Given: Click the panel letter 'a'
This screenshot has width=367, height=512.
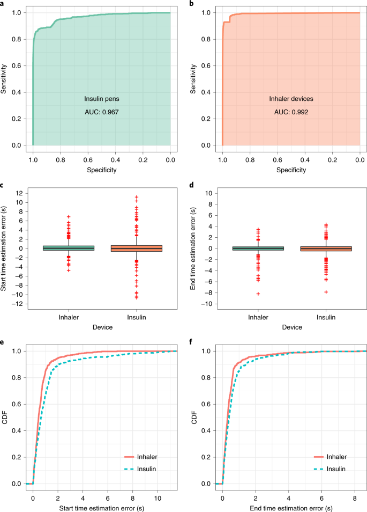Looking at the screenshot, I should [3, 4].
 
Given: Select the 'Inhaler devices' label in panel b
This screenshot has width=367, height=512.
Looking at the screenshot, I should [291, 99].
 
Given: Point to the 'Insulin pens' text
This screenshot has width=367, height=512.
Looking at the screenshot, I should [102, 99].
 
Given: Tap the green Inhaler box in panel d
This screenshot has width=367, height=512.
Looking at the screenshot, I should [258, 248].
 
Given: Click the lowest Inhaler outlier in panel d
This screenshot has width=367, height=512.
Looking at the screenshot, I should [258, 294].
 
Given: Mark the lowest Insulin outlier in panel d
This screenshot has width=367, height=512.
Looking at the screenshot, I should [326, 292].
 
